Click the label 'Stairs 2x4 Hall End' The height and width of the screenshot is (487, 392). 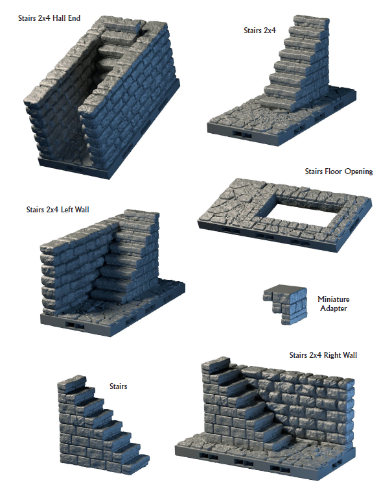49,18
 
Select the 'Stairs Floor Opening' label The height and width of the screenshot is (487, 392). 339,171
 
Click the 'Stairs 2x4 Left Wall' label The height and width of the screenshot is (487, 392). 58,210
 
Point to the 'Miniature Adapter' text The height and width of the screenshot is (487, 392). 334,304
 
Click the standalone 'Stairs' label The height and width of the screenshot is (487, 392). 118,386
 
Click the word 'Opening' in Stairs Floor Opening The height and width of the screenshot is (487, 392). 357,171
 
